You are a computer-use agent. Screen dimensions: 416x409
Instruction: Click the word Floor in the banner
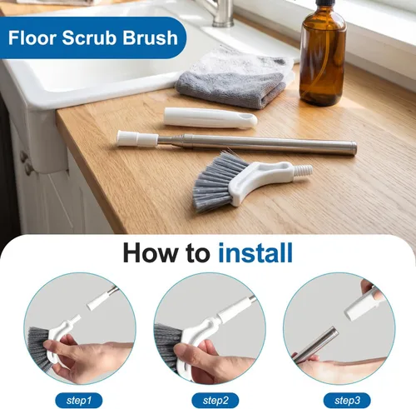tap(32, 37)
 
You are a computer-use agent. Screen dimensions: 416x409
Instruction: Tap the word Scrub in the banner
tap(89, 37)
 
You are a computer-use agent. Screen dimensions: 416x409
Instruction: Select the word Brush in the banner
tap(150, 37)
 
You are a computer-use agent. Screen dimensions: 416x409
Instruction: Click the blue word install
tap(255, 252)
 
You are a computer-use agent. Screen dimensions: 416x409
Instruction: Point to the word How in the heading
tap(152, 252)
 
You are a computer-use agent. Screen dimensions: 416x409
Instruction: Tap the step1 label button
tap(79, 401)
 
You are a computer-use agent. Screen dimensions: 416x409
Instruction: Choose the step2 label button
tap(215, 401)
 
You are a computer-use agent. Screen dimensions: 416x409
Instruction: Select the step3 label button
tap(347, 401)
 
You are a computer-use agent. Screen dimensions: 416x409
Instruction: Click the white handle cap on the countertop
tap(210, 118)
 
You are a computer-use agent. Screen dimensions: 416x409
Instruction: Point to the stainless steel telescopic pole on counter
tap(256, 143)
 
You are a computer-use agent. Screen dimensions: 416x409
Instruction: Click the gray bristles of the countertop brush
tap(218, 181)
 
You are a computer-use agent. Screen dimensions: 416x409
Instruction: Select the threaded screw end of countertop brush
tap(302, 170)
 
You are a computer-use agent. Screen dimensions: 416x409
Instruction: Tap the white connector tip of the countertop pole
tap(137, 138)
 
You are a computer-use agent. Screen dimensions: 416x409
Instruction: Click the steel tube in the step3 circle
tap(316, 345)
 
